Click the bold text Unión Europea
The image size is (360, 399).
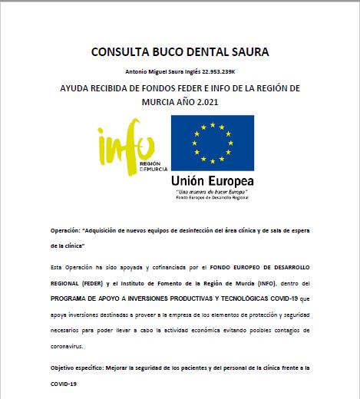click(x=213, y=180)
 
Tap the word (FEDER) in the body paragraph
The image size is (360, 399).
click(x=89, y=280)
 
